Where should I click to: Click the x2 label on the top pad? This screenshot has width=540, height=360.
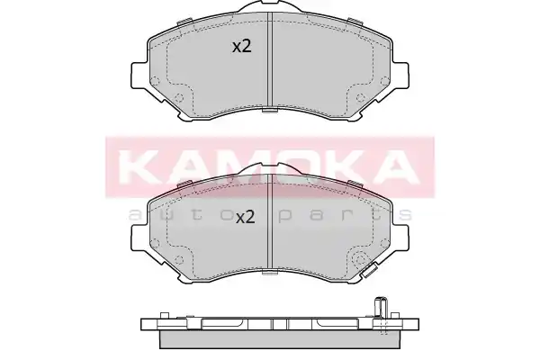(242, 47)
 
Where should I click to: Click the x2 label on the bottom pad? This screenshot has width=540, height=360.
(245, 218)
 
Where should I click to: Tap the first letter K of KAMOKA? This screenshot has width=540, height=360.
(138, 166)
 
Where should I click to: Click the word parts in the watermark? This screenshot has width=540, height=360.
(345, 215)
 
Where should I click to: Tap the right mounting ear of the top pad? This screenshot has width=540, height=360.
(400, 75)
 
